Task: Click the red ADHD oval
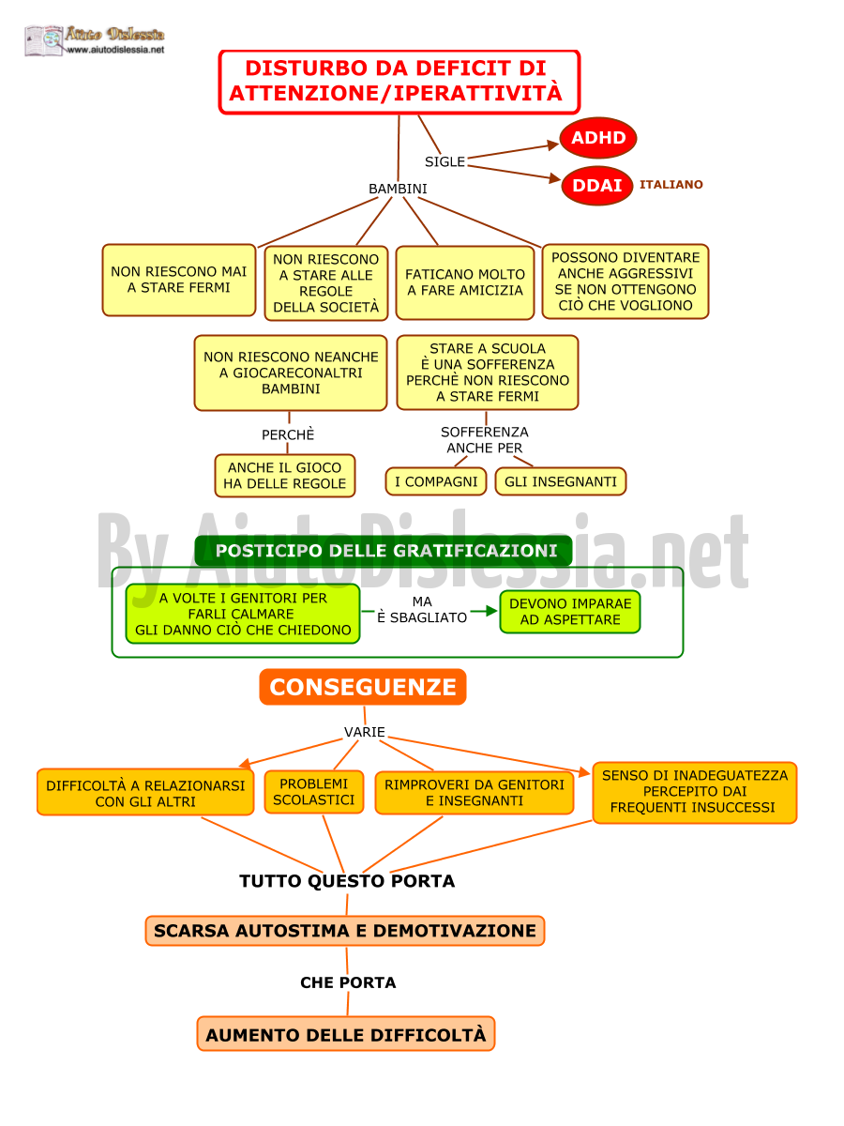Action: pyautogui.click(x=597, y=138)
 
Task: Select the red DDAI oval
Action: pyautogui.click(x=596, y=185)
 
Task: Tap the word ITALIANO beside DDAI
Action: pyautogui.click(x=671, y=185)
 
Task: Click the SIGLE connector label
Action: pyautogui.click(x=445, y=161)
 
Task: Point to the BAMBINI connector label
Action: pyautogui.click(x=398, y=189)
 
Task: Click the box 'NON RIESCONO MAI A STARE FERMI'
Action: pyautogui.click(x=179, y=280)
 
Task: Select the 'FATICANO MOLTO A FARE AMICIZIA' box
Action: pyautogui.click(x=465, y=282)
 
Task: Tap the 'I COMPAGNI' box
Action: pyautogui.click(x=435, y=481)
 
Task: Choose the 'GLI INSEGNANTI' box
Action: pyautogui.click(x=560, y=481)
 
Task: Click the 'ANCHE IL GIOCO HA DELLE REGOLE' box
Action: pyautogui.click(x=284, y=476)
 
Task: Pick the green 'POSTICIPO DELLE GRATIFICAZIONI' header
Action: pyautogui.click(x=384, y=551)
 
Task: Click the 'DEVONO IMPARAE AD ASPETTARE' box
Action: pyautogui.click(x=570, y=612)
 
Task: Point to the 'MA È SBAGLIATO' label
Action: pyautogui.click(x=422, y=609)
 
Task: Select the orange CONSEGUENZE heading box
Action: pyautogui.click(x=363, y=686)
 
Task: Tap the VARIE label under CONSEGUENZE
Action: pyautogui.click(x=365, y=732)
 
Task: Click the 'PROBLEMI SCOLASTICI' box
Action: pyautogui.click(x=313, y=792)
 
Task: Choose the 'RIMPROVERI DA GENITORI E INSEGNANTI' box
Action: pyautogui.click(x=474, y=793)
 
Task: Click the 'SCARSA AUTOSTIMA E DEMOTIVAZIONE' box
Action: pyautogui.click(x=345, y=931)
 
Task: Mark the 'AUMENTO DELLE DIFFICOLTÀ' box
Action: pyautogui.click(x=346, y=1034)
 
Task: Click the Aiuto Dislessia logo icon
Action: pyautogui.click(x=44, y=40)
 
